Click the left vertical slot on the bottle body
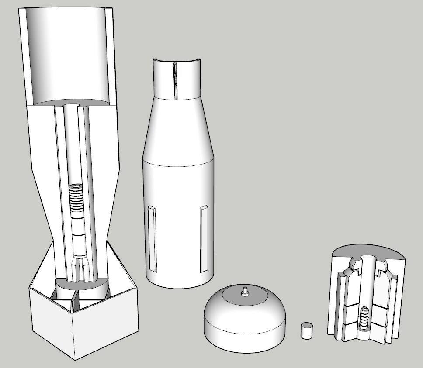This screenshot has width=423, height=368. (151, 238)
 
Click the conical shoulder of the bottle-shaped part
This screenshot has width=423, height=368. (177, 131)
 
